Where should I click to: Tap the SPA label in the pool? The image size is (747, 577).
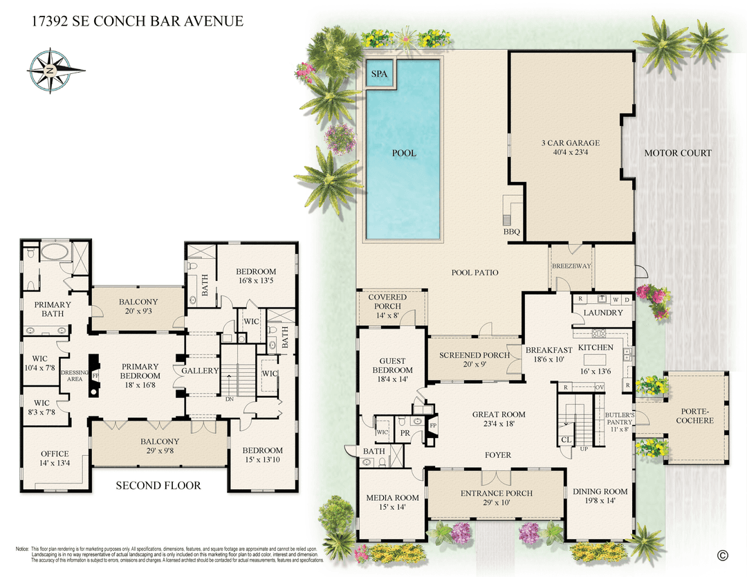pyautogui.click(x=379, y=73)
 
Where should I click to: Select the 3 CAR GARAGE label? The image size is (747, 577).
pyautogui.click(x=570, y=143)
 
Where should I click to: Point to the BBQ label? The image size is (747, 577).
pyautogui.click(x=513, y=232)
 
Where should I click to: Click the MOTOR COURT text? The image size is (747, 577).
pyautogui.click(x=678, y=153)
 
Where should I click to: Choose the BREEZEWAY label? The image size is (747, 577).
pyautogui.click(x=570, y=266)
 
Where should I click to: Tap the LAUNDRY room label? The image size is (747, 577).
pyautogui.click(x=603, y=313)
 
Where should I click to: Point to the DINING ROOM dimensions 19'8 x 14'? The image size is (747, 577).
pyautogui.click(x=600, y=502)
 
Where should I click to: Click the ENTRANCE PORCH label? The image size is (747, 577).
pyautogui.click(x=497, y=493)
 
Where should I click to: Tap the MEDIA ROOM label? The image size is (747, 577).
pyautogui.click(x=392, y=497)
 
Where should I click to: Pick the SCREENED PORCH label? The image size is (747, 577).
pyautogui.click(x=474, y=355)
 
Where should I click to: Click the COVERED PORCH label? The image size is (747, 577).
pyautogui.click(x=391, y=302)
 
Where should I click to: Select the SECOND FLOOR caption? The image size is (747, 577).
pyautogui.click(x=158, y=486)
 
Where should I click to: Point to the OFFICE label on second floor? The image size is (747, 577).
pyautogui.click(x=55, y=454)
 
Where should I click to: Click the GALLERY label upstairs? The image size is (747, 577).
pyautogui.click(x=200, y=372)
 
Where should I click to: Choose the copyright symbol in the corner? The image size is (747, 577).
pyautogui.click(x=723, y=555)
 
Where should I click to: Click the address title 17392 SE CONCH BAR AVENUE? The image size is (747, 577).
pyautogui.click(x=138, y=21)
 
